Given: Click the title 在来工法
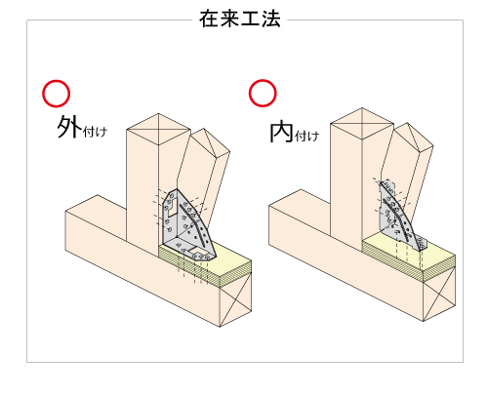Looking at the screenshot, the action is click(240, 19).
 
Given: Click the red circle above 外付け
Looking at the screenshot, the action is click(56, 94).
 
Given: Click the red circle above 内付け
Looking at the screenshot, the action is click(263, 93).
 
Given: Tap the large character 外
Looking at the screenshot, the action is click(69, 127).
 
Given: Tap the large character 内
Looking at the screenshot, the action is click(281, 132).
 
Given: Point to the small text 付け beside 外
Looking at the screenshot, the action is click(95, 132).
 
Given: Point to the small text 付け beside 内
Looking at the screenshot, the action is click(306, 136).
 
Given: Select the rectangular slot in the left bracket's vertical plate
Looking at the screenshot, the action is click(173, 208).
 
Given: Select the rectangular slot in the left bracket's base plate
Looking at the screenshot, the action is click(199, 251).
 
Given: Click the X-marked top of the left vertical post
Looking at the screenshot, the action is click(158, 129).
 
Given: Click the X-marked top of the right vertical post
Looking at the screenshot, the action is click(362, 124).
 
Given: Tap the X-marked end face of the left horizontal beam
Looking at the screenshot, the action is click(235, 300).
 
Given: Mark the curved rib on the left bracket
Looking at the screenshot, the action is click(194, 225).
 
